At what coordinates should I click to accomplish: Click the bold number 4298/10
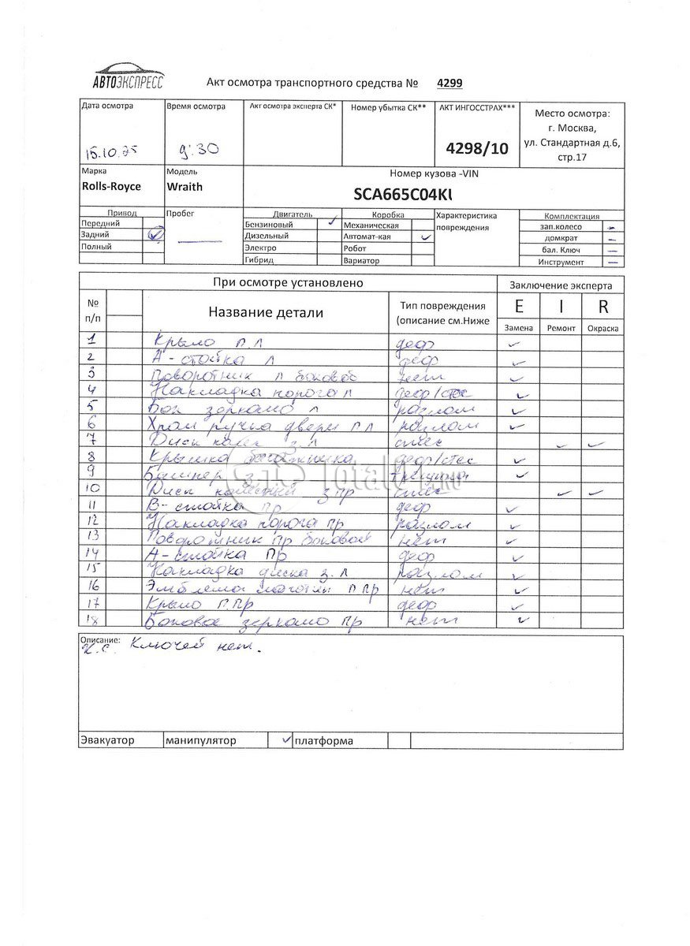tap(477, 147)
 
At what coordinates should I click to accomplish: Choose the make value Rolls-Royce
tap(111, 187)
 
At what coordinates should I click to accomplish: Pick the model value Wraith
tap(184, 187)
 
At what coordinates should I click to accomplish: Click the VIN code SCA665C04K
tap(405, 194)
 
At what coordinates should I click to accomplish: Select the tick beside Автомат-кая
tap(426, 236)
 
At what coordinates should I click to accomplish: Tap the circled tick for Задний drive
tap(155, 234)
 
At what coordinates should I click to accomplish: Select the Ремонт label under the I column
tap(561, 328)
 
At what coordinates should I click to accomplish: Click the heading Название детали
tap(266, 312)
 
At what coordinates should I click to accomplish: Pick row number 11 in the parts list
tap(93, 505)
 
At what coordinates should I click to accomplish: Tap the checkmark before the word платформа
tap(285, 739)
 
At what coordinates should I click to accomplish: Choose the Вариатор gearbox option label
tap(362, 260)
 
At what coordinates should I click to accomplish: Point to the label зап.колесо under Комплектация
tap(561, 226)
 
